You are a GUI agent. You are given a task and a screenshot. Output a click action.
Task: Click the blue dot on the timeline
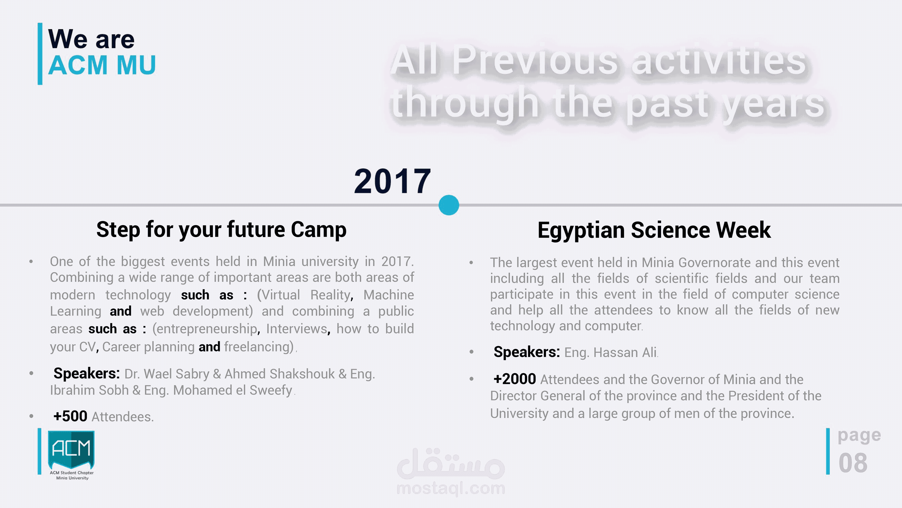pyautogui.click(x=448, y=205)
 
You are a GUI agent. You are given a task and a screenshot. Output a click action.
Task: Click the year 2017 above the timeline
pyautogui.click(x=392, y=181)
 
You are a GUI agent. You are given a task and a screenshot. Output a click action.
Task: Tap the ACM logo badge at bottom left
pyautogui.click(x=71, y=450)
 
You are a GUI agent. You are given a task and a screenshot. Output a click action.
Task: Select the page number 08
pyautogui.click(x=853, y=463)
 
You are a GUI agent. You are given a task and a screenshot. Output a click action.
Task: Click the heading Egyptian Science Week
pyautogui.click(x=654, y=230)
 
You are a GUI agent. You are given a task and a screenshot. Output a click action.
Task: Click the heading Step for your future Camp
pyautogui.click(x=221, y=230)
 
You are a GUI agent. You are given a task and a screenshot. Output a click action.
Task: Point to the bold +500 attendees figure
pyautogui.click(x=70, y=416)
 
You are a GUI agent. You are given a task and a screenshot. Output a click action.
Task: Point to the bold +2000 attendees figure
pyautogui.click(x=514, y=379)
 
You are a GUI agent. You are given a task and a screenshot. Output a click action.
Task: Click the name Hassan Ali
pyautogui.click(x=625, y=352)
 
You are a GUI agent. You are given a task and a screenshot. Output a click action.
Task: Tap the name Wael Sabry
pyautogui.click(x=176, y=374)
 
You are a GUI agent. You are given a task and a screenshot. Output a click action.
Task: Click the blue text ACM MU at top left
pyautogui.click(x=101, y=65)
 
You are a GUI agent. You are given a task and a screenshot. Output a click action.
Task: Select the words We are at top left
pyautogui.click(x=91, y=39)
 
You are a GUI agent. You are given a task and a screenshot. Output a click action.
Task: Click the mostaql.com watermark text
pyautogui.click(x=451, y=488)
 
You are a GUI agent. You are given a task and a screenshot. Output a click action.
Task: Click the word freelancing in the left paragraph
pyautogui.click(x=259, y=347)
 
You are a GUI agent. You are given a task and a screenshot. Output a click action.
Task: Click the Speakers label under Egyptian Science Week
pyautogui.click(x=526, y=352)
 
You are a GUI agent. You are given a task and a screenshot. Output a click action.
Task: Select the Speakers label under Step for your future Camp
pyautogui.click(x=86, y=374)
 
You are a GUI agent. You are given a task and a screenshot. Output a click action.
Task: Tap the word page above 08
pyautogui.click(x=859, y=435)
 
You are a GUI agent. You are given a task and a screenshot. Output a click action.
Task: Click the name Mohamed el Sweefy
pyautogui.click(x=233, y=390)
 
